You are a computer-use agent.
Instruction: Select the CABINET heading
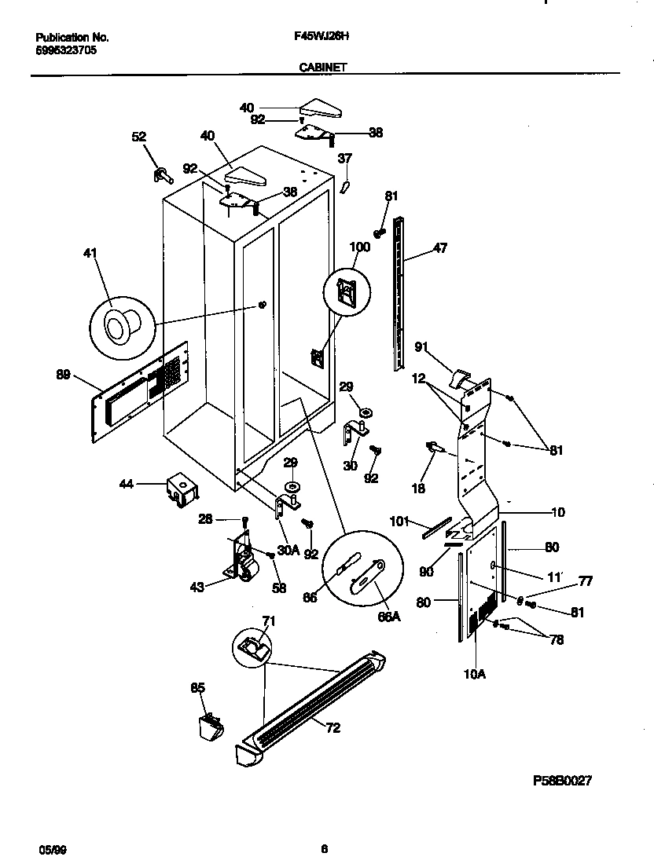pos(323,68)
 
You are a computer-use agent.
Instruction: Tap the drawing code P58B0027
pos(562,782)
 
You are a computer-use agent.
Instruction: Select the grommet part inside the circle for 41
pos(119,322)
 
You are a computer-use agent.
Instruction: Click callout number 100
pos(359,247)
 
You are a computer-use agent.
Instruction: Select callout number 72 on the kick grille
pos(333,728)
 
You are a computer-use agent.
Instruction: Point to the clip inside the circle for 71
pos(252,647)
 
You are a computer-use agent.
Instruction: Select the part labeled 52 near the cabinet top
pos(163,174)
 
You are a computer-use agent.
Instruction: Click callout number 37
pos(344,159)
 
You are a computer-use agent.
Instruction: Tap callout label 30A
pos(289,551)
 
